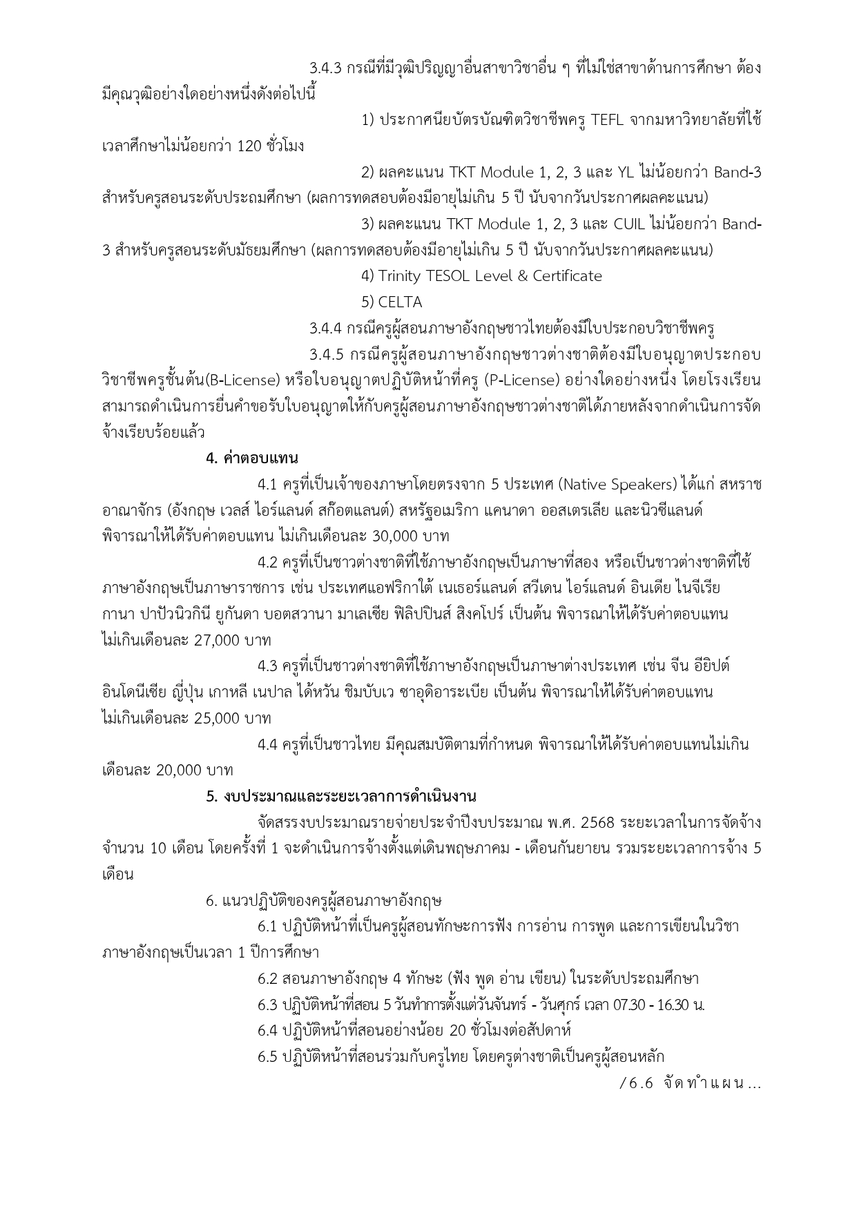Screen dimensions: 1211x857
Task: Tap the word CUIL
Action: pyautogui.click(x=628, y=224)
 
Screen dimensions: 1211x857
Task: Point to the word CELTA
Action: pyautogui.click(x=400, y=302)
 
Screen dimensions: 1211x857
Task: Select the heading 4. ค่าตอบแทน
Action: pyautogui.click(x=252, y=458)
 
